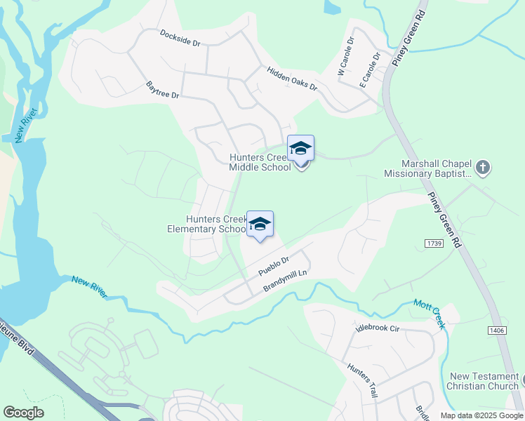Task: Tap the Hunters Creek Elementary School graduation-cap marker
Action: tap(260, 225)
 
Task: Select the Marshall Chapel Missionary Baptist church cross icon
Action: tap(482, 167)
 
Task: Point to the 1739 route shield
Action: tap(433, 243)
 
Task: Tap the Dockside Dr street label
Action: tap(180, 38)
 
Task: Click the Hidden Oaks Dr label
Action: tap(291, 79)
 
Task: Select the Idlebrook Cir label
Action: tap(376, 328)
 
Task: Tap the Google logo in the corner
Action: tap(23, 413)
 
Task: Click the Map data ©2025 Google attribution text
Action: tap(481, 415)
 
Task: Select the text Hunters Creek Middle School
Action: tap(260, 163)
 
